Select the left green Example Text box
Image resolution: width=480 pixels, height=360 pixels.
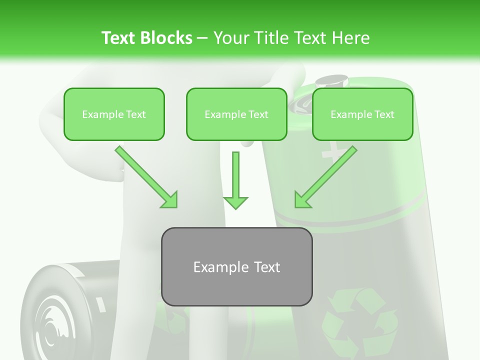114,114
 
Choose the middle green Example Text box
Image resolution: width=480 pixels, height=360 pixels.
236,114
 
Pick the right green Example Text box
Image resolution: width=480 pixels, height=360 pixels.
362,114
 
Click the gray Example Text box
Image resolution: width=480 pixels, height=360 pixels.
236,266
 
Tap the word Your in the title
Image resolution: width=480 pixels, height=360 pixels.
230,38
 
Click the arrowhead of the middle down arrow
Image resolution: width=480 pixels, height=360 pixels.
235,202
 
